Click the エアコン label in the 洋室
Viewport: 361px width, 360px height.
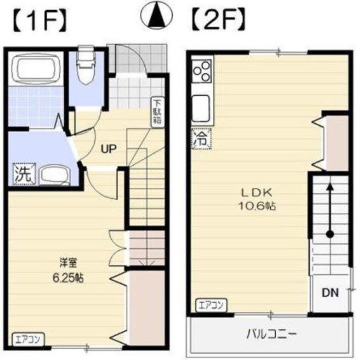coord(27,339)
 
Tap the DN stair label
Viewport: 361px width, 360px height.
coord(329,293)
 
